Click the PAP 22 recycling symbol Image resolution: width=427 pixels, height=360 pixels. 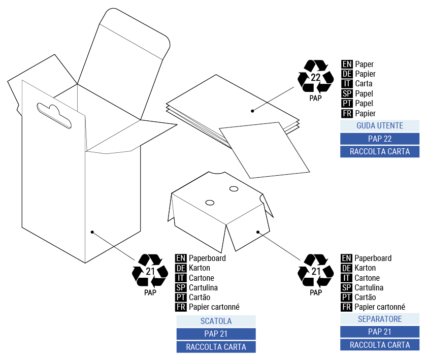315,77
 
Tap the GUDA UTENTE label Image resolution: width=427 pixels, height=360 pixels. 380,125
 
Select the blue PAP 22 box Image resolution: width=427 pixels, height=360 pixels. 380,139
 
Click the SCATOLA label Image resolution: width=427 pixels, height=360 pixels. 216,321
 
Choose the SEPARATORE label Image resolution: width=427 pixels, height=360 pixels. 380,319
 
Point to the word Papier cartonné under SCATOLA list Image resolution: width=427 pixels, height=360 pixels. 214,307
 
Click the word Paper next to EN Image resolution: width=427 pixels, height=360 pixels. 365,64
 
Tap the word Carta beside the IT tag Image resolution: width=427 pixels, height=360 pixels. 364,84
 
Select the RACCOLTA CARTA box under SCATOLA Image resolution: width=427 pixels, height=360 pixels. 216,347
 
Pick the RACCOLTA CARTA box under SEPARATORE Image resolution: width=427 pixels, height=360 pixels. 380,345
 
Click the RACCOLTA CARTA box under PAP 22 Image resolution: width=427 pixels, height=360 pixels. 380,151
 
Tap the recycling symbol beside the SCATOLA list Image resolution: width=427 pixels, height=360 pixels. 150,271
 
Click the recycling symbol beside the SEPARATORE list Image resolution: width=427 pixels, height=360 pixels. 315,271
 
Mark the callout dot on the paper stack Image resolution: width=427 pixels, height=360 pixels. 252,110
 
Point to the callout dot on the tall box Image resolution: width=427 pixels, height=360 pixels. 92,232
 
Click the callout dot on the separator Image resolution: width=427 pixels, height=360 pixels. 258,232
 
